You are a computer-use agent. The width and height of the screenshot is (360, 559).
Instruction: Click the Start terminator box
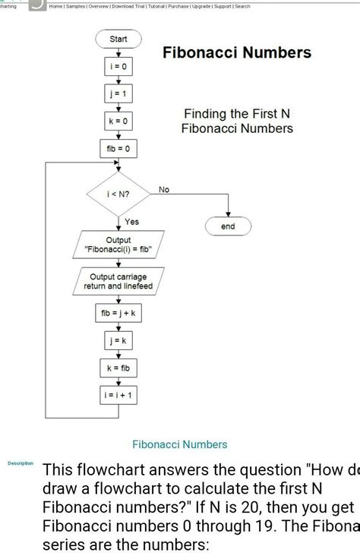pos(118,38)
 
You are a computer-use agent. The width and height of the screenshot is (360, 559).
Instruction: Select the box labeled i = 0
pos(118,68)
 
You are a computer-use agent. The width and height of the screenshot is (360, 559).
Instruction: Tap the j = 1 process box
pos(118,95)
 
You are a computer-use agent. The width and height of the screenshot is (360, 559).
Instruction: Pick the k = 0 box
pos(118,122)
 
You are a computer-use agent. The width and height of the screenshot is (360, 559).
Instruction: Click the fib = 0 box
pos(118,149)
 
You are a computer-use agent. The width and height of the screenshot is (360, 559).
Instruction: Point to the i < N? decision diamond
pos(118,195)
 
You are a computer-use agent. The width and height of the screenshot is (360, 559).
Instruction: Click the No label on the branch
pos(164,189)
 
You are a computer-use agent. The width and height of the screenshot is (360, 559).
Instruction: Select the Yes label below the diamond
pos(131,222)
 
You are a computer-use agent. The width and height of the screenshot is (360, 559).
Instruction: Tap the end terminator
pos(228,226)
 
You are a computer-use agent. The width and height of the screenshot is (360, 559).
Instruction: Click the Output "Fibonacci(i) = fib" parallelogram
pos(118,245)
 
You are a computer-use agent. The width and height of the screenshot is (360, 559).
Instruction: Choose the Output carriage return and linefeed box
pos(118,281)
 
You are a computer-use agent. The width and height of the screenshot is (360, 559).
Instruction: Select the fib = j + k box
pos(118,312)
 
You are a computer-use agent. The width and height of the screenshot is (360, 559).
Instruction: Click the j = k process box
pos(118,340)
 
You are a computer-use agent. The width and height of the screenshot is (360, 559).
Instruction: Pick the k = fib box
pos(118,367)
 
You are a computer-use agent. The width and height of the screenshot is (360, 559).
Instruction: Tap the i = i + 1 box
pos(118,394)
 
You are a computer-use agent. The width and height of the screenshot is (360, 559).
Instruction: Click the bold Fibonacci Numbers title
pos(237,52)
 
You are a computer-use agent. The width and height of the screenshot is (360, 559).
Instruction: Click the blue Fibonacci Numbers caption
pos(180,444)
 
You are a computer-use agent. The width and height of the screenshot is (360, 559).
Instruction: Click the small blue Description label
pos(20,463)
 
